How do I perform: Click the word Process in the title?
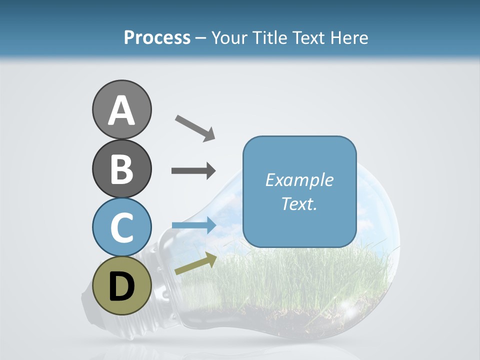click(x=157, y=37)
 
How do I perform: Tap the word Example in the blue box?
click(x=299, y=180)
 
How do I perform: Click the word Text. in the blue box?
click(x=299, y=203)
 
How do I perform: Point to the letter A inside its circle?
click(x=121, y=110)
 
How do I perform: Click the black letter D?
click(x=121, y=286)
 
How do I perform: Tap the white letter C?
click(x=121, y=227)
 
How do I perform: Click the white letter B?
click(x=121, y=169)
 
